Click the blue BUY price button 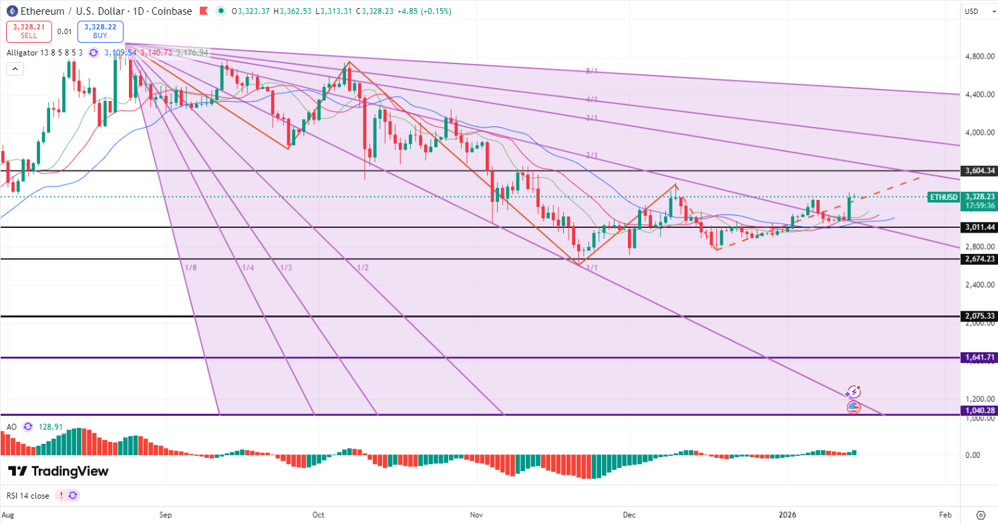click(100, 31)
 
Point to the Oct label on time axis click(319, 515)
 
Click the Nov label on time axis click(476, 515)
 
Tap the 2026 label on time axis click(788, 515)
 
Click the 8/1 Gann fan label click(591, 71)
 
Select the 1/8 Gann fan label click(191, 268)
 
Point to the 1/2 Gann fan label click(363, 268)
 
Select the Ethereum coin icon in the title click(11, 11)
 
